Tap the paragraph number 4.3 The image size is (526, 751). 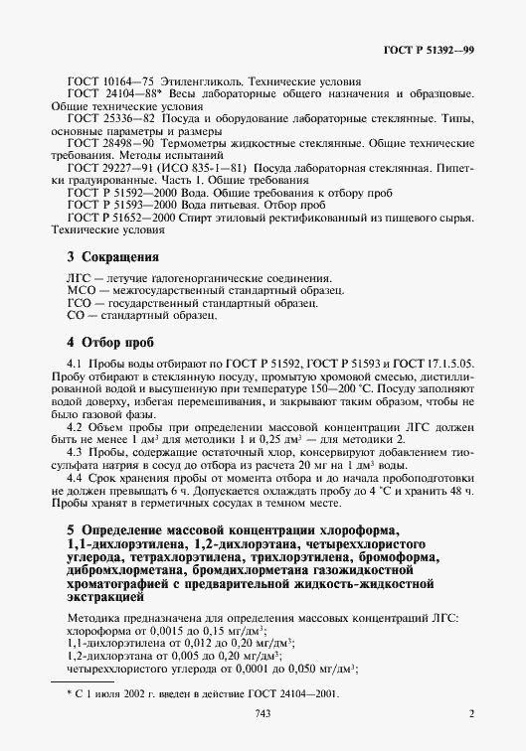coord(74,452)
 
